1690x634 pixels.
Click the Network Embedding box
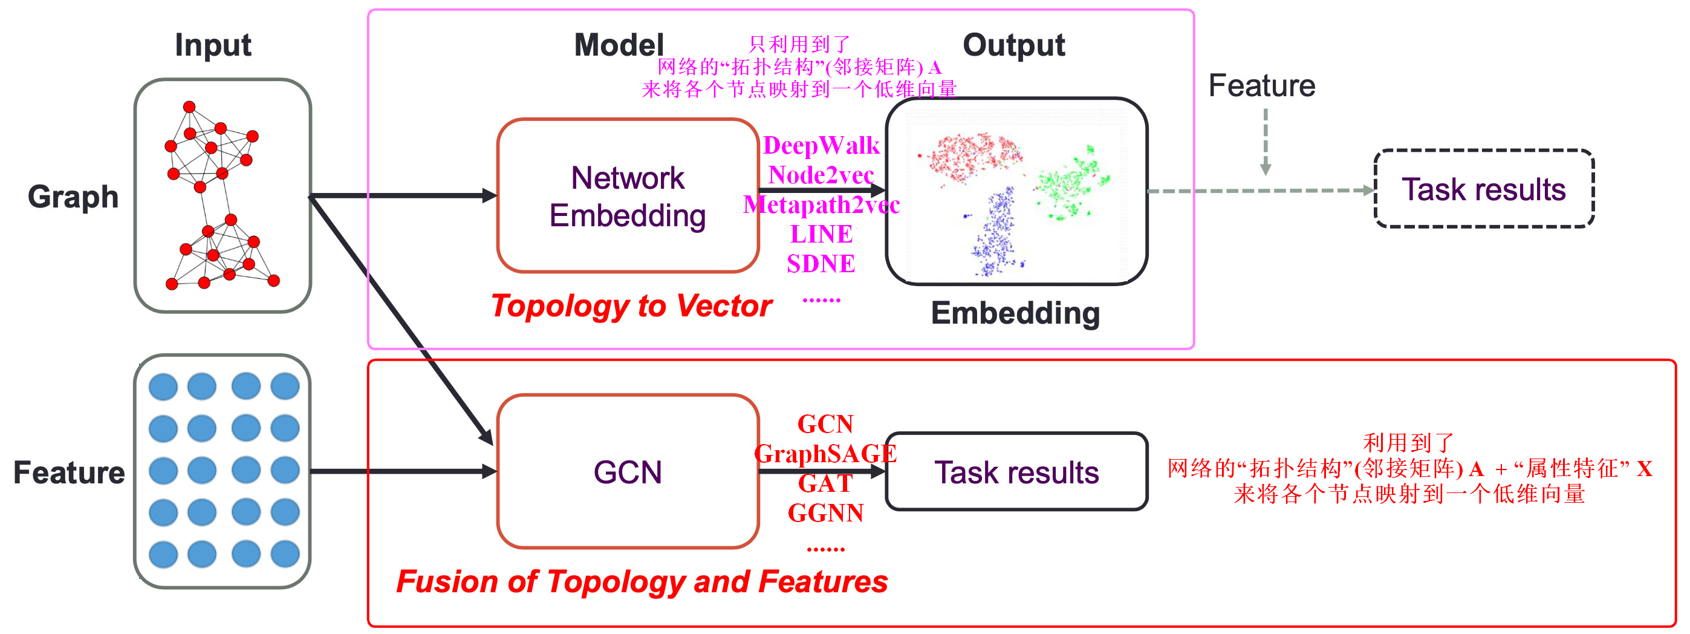coord(627,196)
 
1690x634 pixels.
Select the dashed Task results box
coord(1483,189)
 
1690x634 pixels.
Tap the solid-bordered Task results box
coord(1016,472)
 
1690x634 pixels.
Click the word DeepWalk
coord(821,146)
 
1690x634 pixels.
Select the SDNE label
coord(821,264)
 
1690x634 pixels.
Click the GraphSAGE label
coord(825,454)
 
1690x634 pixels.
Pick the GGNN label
coord(825,512)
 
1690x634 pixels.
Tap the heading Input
coord(213,45)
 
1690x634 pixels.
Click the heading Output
coord(1013,45)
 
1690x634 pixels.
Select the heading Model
coord(618,45)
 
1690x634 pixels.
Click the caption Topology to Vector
coord(631,306)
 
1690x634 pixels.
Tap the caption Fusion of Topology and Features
coord(642,581)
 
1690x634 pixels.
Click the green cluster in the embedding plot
coord(1070,184)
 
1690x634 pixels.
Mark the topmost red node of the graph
coord(189,107)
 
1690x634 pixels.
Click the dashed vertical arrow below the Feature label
coord(1265,141)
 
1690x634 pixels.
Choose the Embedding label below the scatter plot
coord(1015,313)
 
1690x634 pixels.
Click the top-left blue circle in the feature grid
coord(163,387)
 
